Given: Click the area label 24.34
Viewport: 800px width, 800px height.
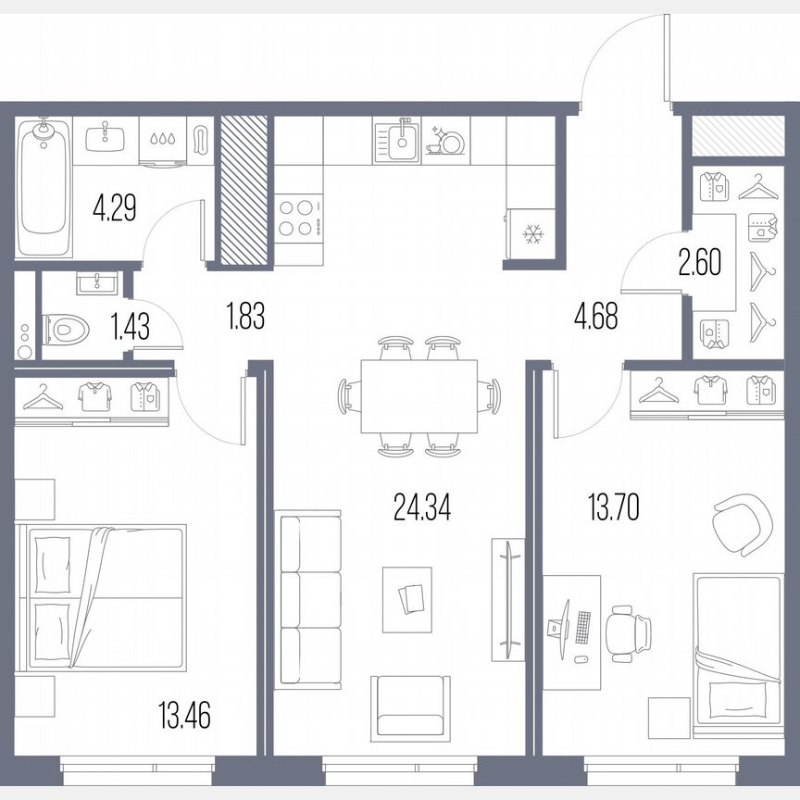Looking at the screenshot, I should [x=421, y=507].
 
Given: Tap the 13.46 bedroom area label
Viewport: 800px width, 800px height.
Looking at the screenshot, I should [x=184, y=715].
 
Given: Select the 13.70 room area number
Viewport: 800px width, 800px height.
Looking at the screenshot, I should [x=614, y=507].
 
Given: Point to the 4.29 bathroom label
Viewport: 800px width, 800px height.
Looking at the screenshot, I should [x=115, y=206].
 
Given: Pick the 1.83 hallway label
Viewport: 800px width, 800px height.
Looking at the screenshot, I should [x=245, y=318].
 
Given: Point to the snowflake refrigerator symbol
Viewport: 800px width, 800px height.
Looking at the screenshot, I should [x=531, y=235].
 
